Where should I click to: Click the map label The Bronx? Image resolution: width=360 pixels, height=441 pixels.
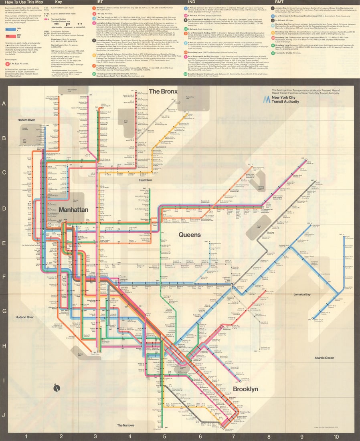(x=163, y=91)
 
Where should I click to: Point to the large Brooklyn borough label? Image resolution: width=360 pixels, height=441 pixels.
(x=245, y=389)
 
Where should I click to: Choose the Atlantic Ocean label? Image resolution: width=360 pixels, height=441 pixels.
(x=324, y=358)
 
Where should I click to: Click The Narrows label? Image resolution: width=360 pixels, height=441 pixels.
(x=126, y=425)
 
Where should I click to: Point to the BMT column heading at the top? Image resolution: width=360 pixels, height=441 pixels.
(x=280, y=2)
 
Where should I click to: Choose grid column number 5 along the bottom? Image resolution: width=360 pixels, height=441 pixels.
(x=164, y=436)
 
